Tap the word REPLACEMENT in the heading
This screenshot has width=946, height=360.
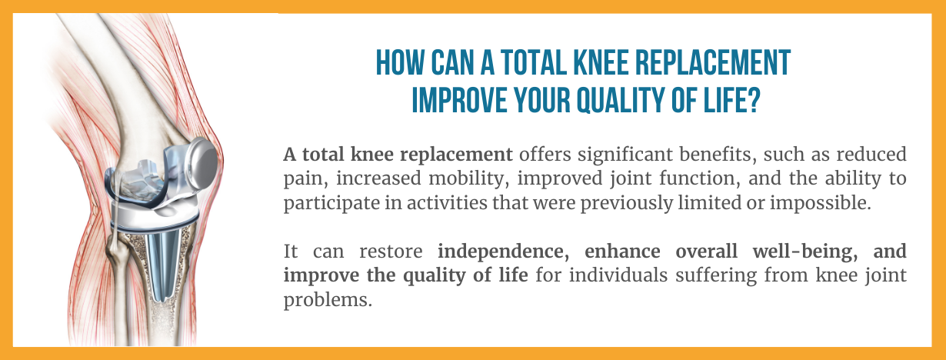712,63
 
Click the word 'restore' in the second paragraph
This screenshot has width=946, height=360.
391,252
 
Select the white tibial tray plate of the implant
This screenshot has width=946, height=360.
156,215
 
